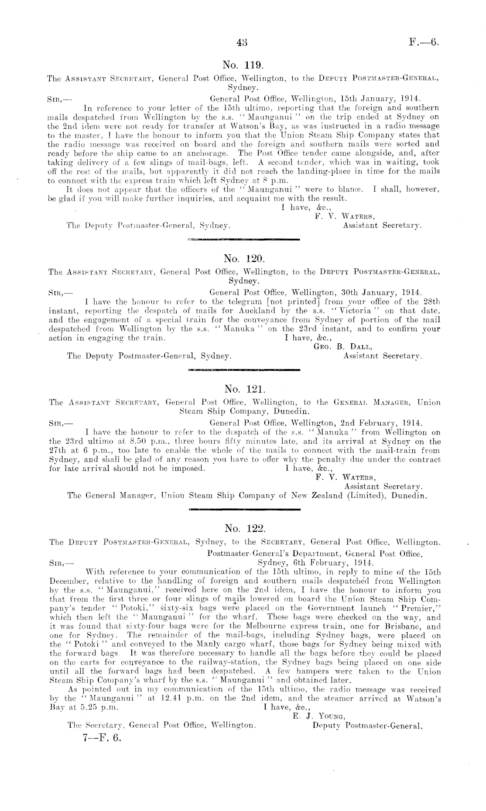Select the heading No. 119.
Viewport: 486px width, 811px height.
click(242, 65)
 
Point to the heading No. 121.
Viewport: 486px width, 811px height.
click(242, 389)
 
